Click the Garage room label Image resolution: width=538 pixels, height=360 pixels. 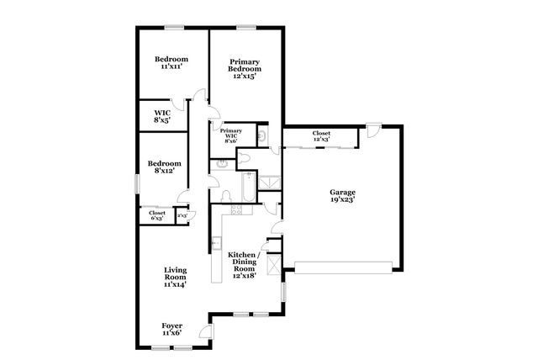coord(342,197)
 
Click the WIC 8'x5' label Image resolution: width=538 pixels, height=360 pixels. coord(161,116)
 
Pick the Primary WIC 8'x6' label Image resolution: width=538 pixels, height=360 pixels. coord(230,135)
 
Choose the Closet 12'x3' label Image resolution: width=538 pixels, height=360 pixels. coord(321,136)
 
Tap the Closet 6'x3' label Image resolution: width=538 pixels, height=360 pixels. coord(157,215)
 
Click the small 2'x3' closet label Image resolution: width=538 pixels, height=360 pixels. coord(182,216)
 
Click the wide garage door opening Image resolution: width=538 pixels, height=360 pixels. coord(343,267)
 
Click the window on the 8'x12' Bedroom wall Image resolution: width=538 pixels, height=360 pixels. coord(139,183)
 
